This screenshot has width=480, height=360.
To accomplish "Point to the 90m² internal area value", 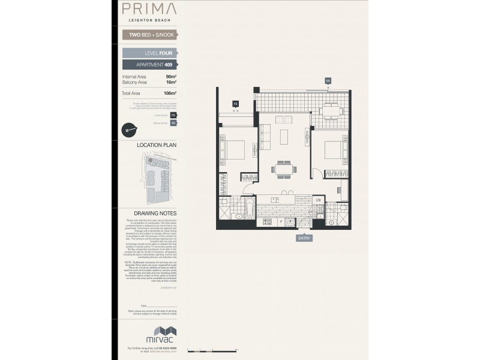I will click(x=170, y=77).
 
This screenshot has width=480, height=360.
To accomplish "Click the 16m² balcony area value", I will click(x=170, y=82).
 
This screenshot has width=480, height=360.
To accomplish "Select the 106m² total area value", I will click(x=170, y=94).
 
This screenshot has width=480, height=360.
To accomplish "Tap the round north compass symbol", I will click(x=130, y=129).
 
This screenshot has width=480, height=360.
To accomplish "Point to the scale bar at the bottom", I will click(x=212, y=349).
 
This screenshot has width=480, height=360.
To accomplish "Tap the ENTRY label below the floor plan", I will click(x=304, y=238).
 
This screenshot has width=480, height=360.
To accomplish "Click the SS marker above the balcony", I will click(x=328, y=80).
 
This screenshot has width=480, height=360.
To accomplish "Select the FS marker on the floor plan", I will click(x=236, y=104).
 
